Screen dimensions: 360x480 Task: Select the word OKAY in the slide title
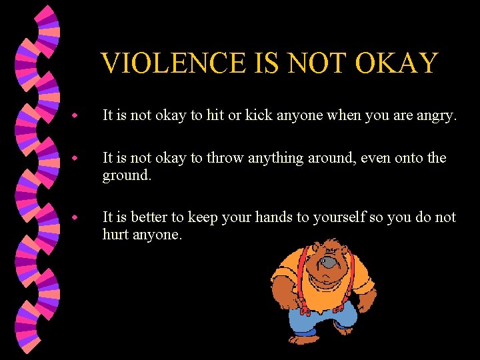396,63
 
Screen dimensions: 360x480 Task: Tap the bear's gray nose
328,263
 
